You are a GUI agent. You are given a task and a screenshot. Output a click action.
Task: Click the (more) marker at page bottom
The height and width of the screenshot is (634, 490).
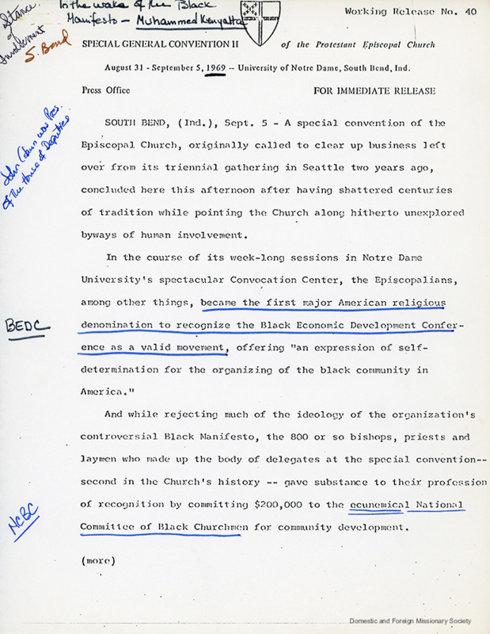pos(98,560)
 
